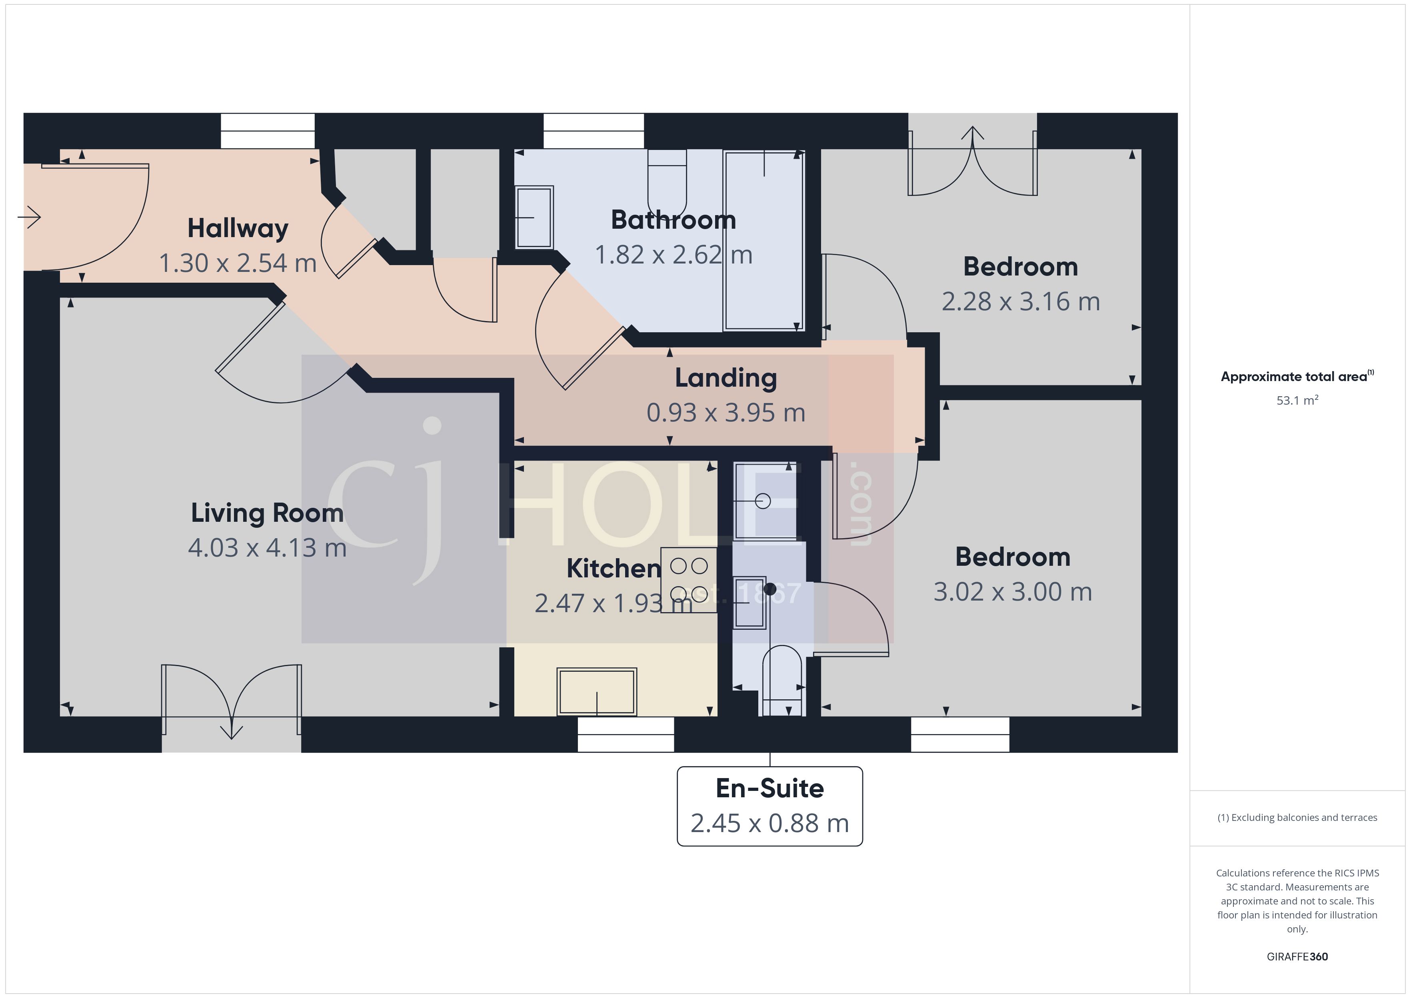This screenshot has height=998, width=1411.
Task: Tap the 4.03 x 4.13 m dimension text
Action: pyautogui.click(x=267, y=547)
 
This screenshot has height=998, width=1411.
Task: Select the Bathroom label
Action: pyautogui.click(x=673, y=220)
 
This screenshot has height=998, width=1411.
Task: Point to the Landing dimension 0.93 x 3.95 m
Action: pyautogui.click(x=726, y=412)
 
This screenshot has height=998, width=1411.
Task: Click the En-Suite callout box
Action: pyautogui.click(x=769, y=806)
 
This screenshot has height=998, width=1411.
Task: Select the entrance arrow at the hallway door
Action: pyautogui.click(x=30, y=217)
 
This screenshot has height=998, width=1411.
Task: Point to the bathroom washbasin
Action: pyautogui.click(x=534, y=218)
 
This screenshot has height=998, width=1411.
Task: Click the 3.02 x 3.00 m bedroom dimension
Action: pyautogui.click(x=1012, y=592)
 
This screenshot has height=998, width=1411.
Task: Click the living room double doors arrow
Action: pyautogui.click(x=231, y=731)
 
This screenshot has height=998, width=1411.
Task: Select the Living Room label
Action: pyautogui.click(x=267, y=513)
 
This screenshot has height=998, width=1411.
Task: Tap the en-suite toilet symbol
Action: pyautogui.click(x=782, y=679)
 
